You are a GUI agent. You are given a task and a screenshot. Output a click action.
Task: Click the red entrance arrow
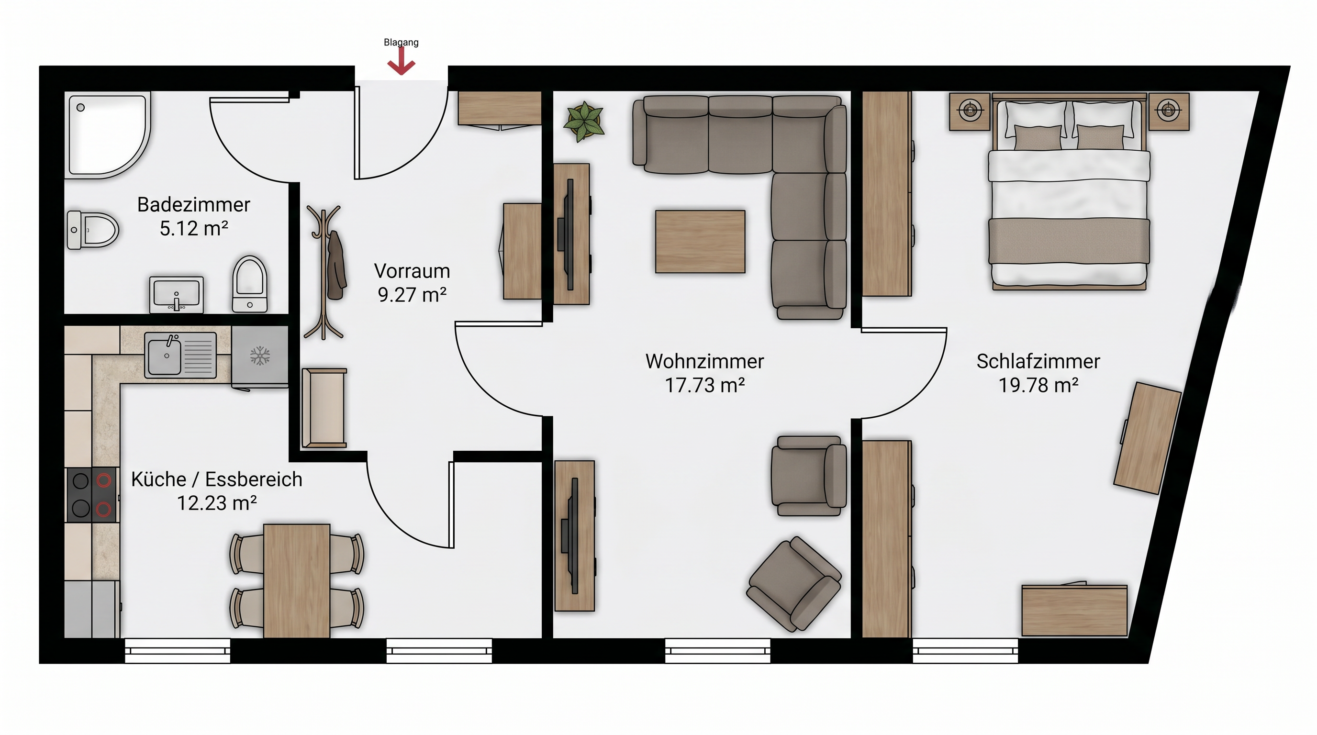(x=401, y=61)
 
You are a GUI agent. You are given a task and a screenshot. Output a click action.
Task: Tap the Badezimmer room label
(x=193, y=204)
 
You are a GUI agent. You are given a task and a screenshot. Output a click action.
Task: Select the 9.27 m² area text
(x=412, y=294)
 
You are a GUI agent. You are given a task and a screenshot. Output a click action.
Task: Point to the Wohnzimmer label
(x=704, y=361)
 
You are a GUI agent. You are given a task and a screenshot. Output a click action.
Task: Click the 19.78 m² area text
(x=1038, y=385)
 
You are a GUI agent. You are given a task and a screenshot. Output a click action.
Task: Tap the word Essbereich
(x=254, y=479)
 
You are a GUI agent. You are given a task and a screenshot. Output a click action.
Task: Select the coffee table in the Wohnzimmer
(x=700, y=241)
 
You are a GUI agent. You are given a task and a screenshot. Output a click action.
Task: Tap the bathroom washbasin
(x=177, y=294)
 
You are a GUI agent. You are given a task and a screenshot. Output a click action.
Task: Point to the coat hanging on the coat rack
(x=335, y=265)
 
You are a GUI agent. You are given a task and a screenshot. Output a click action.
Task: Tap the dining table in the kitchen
(x=297, y=580)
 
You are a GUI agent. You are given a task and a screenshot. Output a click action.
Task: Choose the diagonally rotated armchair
(x=793, y=584)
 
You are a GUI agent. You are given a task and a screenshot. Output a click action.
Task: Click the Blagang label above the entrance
(x=402, y=43)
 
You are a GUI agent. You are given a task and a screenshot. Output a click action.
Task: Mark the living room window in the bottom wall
(x=717, y=651)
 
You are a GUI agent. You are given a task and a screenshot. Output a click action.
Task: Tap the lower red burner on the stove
(x=104, y=509)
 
